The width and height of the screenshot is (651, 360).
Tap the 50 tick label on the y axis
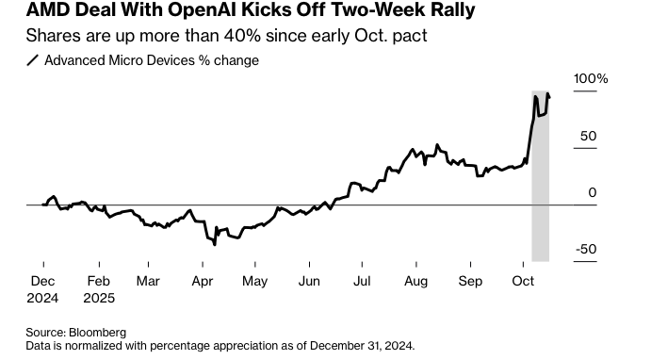pos(588,136)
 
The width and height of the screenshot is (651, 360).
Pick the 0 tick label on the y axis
pos(593,192)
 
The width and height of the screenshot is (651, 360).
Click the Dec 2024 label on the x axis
pos(43,287)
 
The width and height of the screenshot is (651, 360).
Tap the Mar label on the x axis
pos(148,281)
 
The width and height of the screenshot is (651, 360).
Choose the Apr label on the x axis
pos(202,281)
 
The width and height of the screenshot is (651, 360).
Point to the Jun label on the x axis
pos(308,281)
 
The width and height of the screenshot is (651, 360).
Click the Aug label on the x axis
pos(415,281)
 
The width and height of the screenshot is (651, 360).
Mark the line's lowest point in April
pos(215,245)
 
